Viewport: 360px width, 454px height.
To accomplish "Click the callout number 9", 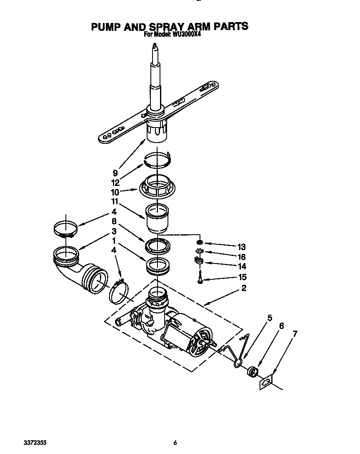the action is [115, 173].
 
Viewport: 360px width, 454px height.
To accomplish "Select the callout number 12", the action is [115, 183].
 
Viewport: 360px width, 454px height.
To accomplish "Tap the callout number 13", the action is [241, 247].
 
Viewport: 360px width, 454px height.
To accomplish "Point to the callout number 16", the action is [241, 257].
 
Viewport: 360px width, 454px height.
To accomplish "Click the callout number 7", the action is [295, 334].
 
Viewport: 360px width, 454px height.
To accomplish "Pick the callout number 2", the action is [244, 288].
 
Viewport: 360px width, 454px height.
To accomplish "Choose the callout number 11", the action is [115, 201].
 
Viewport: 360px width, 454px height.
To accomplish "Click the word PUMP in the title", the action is [106, 27].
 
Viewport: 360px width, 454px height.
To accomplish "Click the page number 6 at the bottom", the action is [175, 443].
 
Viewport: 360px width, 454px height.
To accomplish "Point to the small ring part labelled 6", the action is [252, 371].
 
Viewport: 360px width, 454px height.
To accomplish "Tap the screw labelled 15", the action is [200, 276].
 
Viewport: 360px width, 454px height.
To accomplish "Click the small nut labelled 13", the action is [199, 242].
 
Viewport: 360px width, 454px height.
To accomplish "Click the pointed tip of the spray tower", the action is [155, 44].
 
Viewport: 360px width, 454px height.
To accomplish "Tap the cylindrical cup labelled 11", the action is [157, 218].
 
